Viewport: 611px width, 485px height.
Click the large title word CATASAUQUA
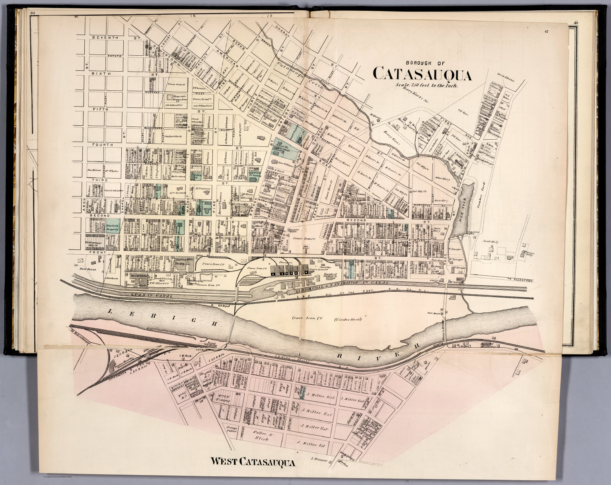pyautogui.click(x=422, y=74)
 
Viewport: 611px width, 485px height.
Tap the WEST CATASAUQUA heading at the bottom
pyautogui.click(x=253, y=462)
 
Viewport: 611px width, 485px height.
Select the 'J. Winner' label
pyautogui.click(x=319, y=460)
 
